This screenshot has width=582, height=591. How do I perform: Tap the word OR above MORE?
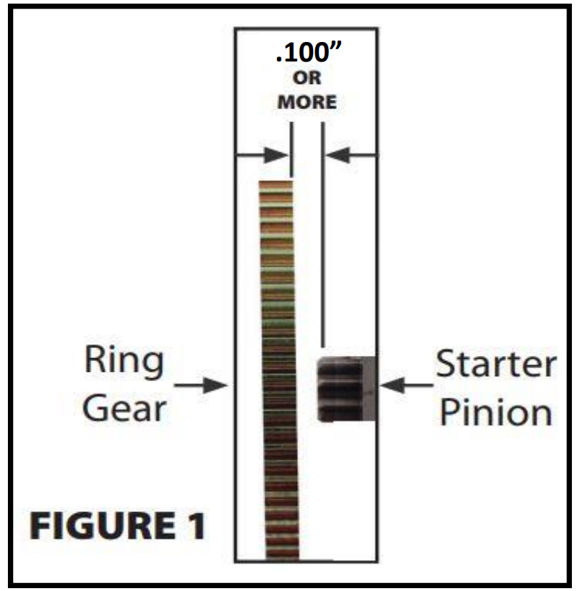[x=307, y=80]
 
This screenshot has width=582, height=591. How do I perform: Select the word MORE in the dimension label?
[x=307, y=102]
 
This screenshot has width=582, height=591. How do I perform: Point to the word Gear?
[x=124, y=409]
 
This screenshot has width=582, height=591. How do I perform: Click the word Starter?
[x=496, y=365]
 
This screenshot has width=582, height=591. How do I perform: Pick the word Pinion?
[x=496, y=412]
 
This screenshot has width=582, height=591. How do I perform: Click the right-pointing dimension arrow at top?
[x=263, y=155]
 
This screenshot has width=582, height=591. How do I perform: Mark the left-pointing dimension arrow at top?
[x=351, y=155]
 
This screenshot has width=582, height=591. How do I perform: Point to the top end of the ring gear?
[x=276, y=184]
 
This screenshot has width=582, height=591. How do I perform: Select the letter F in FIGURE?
[x=39, y=526]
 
